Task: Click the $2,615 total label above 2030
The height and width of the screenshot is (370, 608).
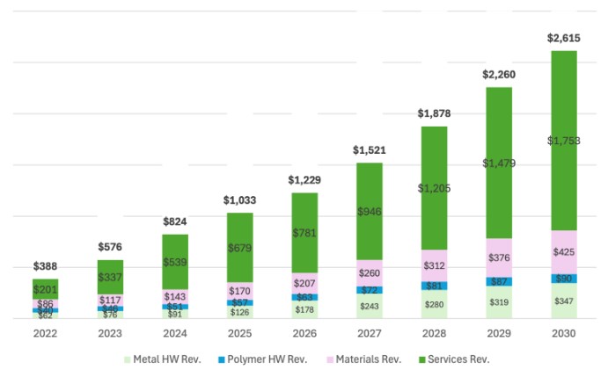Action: click(564, 38)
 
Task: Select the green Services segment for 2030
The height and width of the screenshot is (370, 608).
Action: click(564, 141)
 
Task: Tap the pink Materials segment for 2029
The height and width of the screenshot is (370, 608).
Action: click(498, 258)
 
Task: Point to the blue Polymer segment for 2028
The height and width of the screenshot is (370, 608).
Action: click(434, 286)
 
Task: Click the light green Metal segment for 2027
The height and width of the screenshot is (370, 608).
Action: click(370, 306)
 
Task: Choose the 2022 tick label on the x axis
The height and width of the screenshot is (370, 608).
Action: click(46, 333)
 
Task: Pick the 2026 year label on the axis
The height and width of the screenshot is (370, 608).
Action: click(304, 333)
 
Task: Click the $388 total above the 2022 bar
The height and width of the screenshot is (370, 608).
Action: click(46, 266)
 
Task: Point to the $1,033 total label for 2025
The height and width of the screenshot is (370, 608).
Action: click(239, 200)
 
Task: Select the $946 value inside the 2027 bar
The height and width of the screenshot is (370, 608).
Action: click(370, 211)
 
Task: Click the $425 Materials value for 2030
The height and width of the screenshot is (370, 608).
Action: click(564, 252)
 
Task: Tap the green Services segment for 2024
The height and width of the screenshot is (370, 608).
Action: click(175, 262)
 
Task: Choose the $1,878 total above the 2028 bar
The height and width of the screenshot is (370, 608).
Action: click(434, 113)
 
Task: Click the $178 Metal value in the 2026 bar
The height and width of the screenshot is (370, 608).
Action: click(304, 310)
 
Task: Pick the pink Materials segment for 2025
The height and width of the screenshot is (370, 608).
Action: click(239, 290)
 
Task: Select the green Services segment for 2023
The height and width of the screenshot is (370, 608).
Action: click(110, 277)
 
